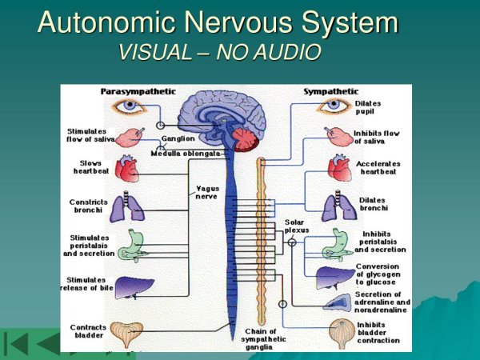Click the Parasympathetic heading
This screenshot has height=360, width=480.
tap(138, 92)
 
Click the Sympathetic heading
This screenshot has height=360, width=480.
tap(330, 92)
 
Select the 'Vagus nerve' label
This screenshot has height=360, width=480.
tap(207, 193)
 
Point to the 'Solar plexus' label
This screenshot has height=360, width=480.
tap(296, 226)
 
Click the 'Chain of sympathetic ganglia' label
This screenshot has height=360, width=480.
tap(260, 339)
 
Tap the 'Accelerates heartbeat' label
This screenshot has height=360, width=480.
tap(378, 167)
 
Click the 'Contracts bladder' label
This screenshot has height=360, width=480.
tap(88, 331)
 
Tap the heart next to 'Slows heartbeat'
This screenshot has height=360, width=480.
tap(128, 168)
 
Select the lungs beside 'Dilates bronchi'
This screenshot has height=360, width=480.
tap(334, 207)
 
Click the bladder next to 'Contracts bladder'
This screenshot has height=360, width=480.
tap(127, 331)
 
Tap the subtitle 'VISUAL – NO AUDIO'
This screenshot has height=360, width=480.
tap(219, 52)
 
